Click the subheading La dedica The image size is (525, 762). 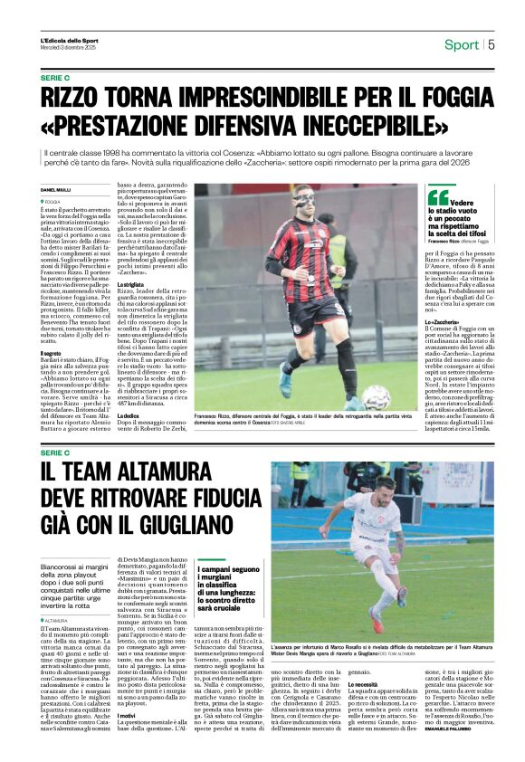click(x=131, y=415)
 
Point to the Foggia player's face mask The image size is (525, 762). click(x=328, y=198)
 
